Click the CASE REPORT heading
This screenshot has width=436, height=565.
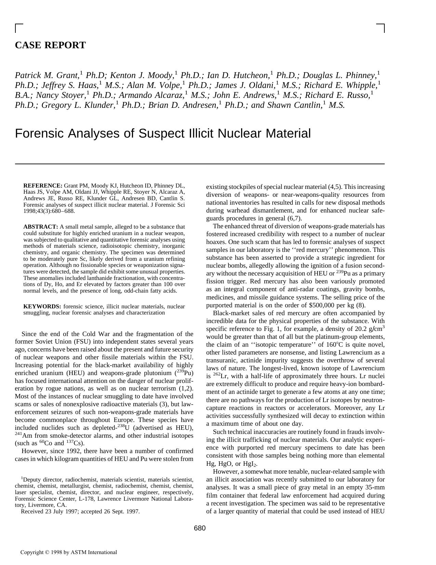[50, 45]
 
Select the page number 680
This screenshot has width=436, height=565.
[200, 528]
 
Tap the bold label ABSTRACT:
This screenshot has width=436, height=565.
[41, 227]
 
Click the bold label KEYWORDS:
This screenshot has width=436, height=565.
[42, 306]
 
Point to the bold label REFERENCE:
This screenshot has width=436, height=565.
[43, 185]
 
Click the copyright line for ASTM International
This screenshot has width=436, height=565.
[68, 552]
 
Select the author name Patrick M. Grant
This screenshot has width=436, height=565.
[47, 75]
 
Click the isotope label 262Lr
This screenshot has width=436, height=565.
[218, 376]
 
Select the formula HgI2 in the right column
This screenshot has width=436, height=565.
[250, 464]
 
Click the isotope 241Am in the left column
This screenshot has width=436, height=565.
[21, 436]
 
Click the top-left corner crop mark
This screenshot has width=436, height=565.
[19, 28]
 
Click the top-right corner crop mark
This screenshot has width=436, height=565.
[381, 28]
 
